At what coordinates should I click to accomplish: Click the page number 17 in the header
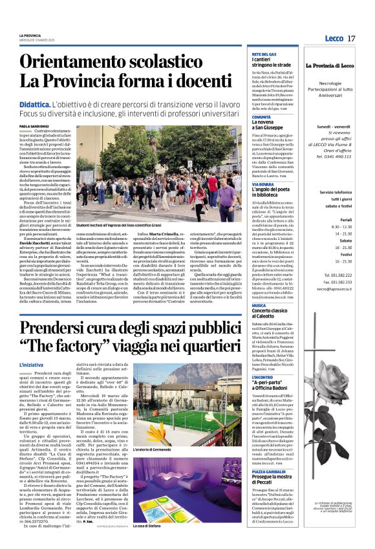(x=351, y=38)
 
